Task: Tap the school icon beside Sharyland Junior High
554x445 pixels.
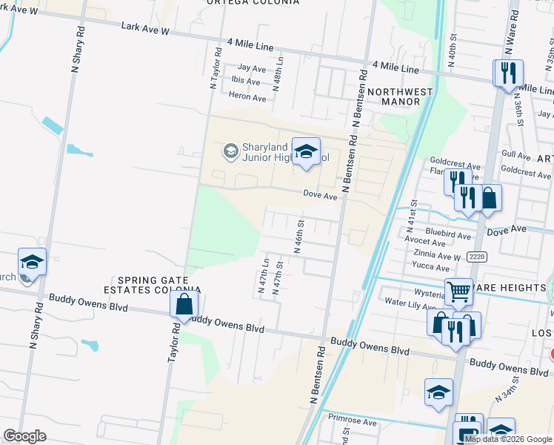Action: point(305,152)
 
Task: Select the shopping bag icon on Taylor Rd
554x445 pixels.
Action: point(184,303)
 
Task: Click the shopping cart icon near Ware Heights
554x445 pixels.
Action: point(458,292)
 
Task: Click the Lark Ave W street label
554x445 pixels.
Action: point(145,29)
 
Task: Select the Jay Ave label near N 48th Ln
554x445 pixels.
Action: point(253,67)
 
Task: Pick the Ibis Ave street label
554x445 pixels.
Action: point(245,82)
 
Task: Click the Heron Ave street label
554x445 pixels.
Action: point(247,98)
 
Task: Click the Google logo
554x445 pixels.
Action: point(25,436)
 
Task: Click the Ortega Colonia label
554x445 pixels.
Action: point(253,2)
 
